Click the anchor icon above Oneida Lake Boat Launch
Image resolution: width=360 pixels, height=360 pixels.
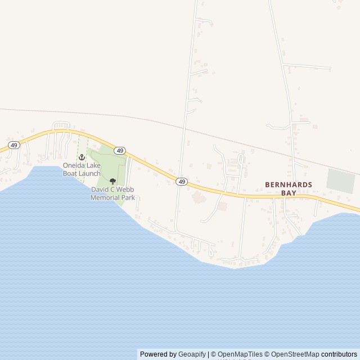point(81,157)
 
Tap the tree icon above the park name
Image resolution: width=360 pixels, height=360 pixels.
point(112,181)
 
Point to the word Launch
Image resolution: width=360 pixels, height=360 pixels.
point(90,173)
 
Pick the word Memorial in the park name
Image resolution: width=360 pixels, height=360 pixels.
point(104,198)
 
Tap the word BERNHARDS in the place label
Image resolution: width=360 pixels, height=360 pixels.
point(289,184)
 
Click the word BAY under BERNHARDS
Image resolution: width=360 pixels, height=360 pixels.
point(289,192)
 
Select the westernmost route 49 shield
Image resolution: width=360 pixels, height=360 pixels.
point(15,145)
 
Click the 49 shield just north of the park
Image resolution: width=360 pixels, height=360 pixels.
point(120,150)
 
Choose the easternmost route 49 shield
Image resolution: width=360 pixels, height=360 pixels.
point(181,181)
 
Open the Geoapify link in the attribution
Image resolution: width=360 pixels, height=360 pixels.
point(192,354)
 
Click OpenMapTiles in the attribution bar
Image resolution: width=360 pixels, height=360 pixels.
point(240,354)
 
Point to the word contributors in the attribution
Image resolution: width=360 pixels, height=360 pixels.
point(339,354)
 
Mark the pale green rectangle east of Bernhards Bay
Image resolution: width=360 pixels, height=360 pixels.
point(341,182)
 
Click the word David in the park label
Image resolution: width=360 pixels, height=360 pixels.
point(100,190)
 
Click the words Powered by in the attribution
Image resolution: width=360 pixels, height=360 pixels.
point(158,354)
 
